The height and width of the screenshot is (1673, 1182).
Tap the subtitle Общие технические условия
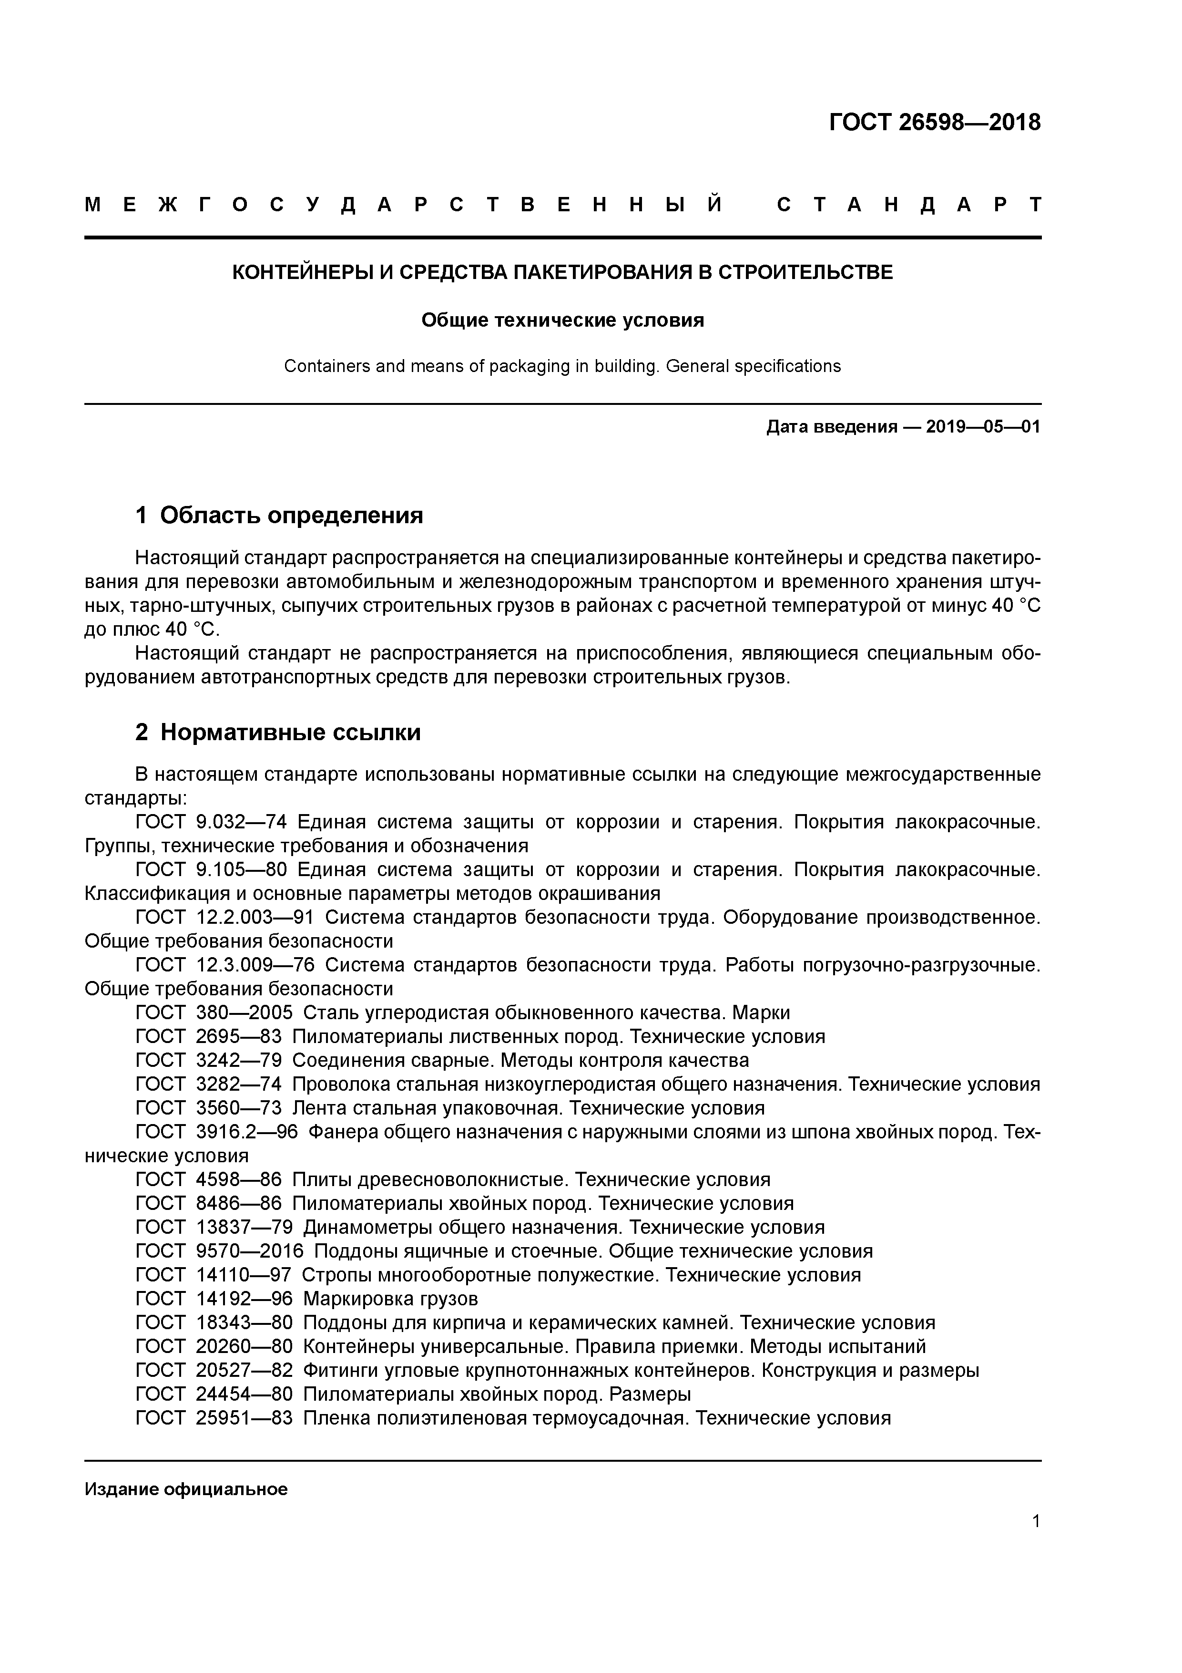(562, 320)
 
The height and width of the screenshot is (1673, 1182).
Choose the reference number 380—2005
(244, 1013)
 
